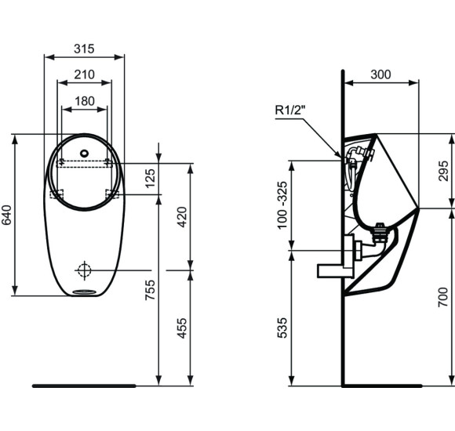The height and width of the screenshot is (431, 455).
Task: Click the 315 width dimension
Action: tap(84, 49)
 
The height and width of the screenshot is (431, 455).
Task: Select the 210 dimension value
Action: tap(84, 74)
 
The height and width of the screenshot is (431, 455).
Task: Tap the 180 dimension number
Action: tap(85, 100)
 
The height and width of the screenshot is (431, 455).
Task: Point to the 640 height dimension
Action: tap(7, 215)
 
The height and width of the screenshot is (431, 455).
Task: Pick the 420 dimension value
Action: tap(183, 216)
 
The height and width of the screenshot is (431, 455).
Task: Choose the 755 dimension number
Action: tap(152, 292)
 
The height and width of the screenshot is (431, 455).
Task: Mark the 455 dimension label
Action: tap(183, 328)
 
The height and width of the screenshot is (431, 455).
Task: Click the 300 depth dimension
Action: tap(380, 74)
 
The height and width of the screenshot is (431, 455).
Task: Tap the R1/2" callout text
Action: tap(291, 110)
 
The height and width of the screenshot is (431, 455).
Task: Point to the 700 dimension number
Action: tap(444, 296)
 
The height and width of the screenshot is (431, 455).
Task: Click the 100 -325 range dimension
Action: tap(283, 205)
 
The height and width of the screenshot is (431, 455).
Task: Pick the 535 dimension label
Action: tap(283, 328)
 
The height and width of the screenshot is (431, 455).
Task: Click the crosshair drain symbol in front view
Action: tap(84, 270)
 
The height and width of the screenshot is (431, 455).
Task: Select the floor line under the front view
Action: tap(84, 386)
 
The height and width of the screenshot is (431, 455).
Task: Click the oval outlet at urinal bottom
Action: tap(84, 293)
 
